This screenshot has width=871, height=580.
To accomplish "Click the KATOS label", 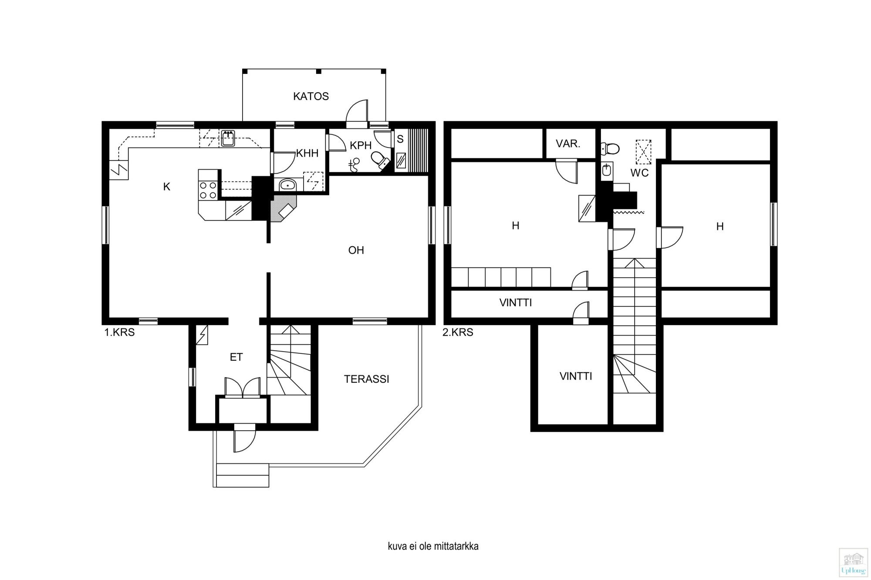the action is coord(311,96).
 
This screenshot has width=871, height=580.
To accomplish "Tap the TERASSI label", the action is coord(367,379).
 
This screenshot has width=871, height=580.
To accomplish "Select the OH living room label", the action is coord(356,250).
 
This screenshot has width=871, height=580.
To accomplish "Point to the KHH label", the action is coord(307,153).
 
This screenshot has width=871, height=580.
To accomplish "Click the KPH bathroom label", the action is coord(361,145).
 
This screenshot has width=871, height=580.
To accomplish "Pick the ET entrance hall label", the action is coord(236,357).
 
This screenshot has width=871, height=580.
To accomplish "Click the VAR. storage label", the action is coord(568,144).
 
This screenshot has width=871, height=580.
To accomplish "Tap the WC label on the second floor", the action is coord(640,173).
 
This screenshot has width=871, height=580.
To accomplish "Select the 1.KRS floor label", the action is coord(119,332).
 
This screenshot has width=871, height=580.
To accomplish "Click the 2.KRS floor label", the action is coord(458,332).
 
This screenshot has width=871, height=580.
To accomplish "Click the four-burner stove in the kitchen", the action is coord(208,191).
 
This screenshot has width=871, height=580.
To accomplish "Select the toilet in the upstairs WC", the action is coord(610,149).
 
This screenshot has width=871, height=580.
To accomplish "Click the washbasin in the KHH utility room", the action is coord(287,185).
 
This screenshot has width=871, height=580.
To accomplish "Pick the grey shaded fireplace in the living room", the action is coord(284,208).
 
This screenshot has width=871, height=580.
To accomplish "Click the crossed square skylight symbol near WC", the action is coord(643,152).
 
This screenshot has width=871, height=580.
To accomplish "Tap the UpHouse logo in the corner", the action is coord(854,563).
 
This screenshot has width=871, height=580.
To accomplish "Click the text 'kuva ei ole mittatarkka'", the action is coord(433,546).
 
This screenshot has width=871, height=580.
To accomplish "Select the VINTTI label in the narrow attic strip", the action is coord(516,303).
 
